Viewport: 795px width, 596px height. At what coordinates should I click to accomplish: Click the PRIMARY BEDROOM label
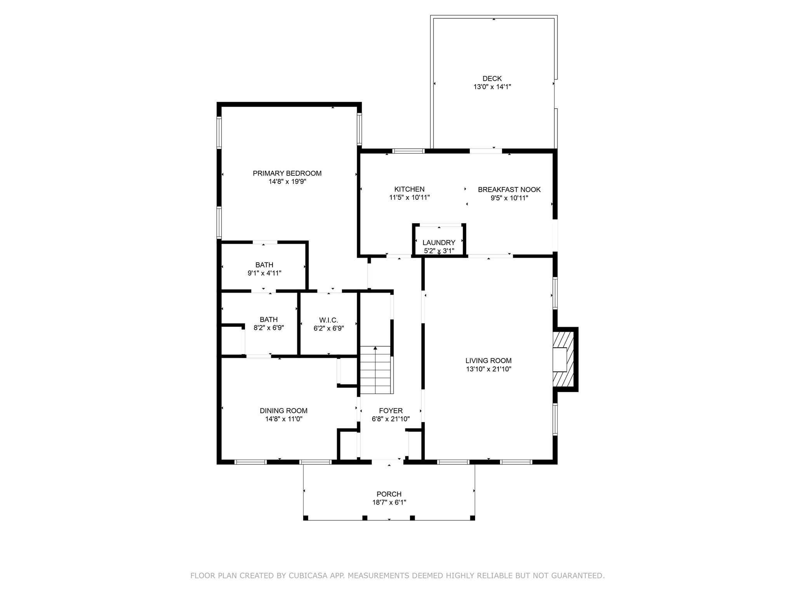coord(287,173)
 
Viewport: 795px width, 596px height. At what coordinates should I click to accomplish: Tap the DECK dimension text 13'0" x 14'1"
coord(492,87)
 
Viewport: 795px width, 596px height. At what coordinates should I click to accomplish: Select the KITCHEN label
coord(409,189)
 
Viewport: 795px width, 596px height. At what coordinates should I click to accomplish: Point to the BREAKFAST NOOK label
coord(509,190)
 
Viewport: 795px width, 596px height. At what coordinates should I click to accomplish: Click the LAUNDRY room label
coord(439,243)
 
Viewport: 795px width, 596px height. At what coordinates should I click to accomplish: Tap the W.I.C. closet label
coord(328,320)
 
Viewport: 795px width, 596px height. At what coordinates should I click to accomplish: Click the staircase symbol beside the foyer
coord(375,370)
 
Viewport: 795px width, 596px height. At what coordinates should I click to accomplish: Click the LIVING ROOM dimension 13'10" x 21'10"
coord(488,369)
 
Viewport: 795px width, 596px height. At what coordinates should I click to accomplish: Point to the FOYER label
coord(391,411)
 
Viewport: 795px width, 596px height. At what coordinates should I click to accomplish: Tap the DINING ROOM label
coord(283,411)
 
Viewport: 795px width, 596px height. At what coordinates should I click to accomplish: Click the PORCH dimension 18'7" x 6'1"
coord(389,502)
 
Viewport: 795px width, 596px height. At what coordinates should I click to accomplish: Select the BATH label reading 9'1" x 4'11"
coord(264,265)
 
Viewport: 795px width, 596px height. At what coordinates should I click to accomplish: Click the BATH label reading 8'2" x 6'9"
coord(268,320)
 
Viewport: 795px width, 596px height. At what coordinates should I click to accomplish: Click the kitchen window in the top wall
coord(408,151)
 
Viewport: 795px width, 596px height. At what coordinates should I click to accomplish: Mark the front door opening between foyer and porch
coord(388,461)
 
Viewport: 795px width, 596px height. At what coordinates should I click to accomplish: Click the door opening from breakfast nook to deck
coord(486,151)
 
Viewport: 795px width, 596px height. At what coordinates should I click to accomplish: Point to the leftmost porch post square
coord(306,518)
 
